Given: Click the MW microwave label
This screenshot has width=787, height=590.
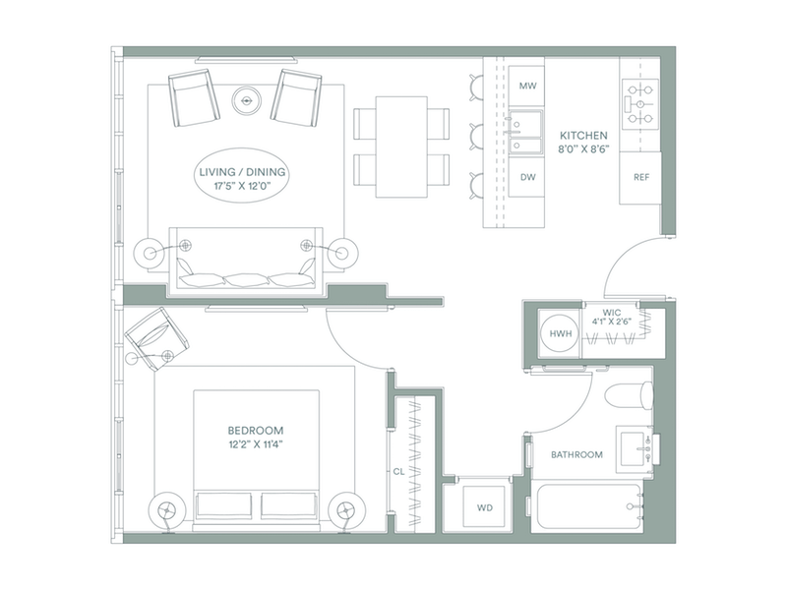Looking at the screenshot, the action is coord(527,86).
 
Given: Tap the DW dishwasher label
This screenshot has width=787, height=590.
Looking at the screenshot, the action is coord(527,177).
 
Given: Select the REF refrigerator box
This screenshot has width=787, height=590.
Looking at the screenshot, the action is coord(640,178).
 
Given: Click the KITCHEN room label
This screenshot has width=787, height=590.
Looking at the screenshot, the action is coord(583,136).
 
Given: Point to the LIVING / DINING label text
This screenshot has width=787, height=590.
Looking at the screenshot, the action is coord(242,172).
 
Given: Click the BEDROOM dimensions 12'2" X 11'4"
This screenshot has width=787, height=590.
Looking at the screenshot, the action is coord(256,443).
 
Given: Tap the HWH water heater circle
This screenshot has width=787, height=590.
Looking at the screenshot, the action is coord(560,333).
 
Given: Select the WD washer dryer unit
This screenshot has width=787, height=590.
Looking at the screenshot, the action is coord(484,506).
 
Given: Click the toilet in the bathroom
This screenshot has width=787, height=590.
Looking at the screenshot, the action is coord(629,394).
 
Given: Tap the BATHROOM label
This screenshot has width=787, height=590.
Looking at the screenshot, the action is coord(576,455).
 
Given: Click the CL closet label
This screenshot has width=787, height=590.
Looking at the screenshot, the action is coord(398,472).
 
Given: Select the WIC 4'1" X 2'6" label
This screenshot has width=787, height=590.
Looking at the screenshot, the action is coord(611,318).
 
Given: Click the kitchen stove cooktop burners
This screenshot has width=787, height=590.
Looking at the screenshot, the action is coord(640,104).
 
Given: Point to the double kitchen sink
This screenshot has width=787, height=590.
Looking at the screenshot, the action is coord(525,132).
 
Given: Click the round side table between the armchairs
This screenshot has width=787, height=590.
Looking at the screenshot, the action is coord(247,101).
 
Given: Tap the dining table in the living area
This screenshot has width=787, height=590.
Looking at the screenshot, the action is coord(401,147).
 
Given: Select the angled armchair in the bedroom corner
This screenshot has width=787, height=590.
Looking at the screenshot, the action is coord(156,338).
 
